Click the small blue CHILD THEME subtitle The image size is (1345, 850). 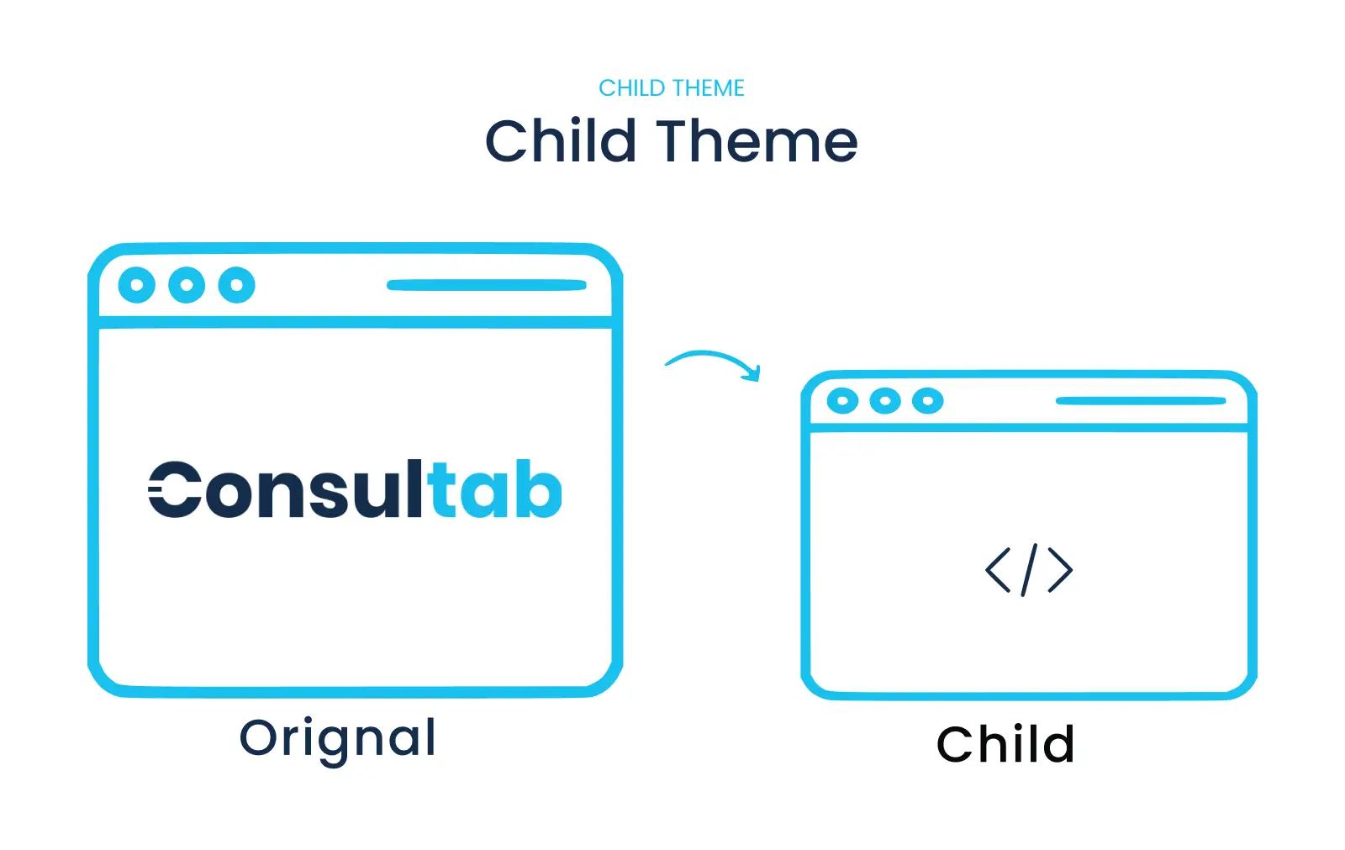click(x=672, y=88)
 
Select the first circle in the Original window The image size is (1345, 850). click(x=137, y=285)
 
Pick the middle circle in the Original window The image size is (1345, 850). click(x=187, y=285)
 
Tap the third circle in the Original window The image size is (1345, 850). click(x=236, y=285)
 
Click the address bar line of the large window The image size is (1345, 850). click(x=487, y=285)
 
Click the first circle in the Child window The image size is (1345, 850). click(x=842, y=401)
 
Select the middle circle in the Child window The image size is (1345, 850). click(x=885, y=401)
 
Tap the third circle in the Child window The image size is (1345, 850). click(x=928, y=401)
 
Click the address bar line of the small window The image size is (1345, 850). click(x=1141, y=401)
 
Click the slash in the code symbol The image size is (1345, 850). click(x=1029, y=569)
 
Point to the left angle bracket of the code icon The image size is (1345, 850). click(x=998, y=569)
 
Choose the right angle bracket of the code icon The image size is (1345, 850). click(x=1060, y=569)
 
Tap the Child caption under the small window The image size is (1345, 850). click(x=1005, y=744)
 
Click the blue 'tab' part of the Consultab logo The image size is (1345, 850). click(x=495, y=488)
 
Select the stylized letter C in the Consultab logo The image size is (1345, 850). click(x=175, y=489)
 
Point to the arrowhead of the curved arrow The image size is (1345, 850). click(x=753, y=373)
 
